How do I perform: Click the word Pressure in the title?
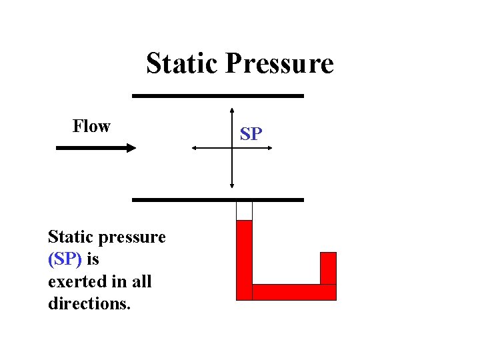(279, 64)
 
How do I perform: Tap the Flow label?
(91, 126)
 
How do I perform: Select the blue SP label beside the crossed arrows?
(251, 134)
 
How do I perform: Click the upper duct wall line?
(218, 96)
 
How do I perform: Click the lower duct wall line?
(218, 199)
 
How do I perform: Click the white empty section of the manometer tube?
(245, 211)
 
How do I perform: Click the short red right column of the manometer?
(329, 268)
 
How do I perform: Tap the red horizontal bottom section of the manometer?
(293, 292)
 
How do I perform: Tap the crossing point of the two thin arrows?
(232, 148)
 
